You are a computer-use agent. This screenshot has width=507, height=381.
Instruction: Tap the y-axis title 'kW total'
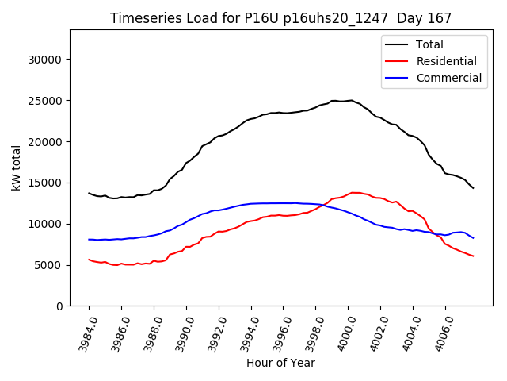[16, 167]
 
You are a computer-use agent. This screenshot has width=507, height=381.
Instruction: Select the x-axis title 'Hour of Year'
[280, 363]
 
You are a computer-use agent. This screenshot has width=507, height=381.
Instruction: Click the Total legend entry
[429, 44]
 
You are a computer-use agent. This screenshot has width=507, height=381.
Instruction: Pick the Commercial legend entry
[448, 78]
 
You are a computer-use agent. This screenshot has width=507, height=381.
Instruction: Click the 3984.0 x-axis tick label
[83, 329]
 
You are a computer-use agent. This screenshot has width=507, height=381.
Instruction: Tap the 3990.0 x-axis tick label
[181, 329]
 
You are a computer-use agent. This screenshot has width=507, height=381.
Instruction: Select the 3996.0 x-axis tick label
[277, 329]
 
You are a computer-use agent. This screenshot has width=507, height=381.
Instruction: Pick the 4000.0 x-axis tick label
[342, 329]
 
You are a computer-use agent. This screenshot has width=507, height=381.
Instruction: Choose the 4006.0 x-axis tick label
[440, 329]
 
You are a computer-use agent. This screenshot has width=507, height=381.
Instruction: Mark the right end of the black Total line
[473, 188]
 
